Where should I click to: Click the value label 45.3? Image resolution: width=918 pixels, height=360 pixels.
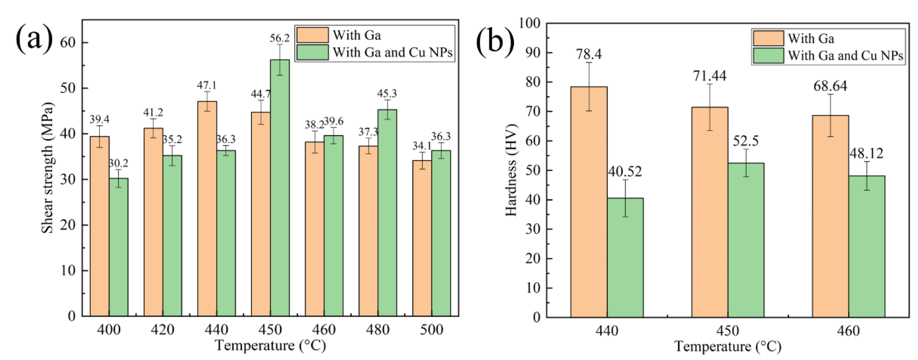coord(387,93)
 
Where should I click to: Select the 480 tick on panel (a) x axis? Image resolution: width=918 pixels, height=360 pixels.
coord(378,330)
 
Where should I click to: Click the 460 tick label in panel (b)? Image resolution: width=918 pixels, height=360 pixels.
coord(849,331)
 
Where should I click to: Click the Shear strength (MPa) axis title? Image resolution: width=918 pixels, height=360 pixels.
coord(47,168)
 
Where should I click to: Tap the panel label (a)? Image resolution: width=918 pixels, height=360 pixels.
coord(34,40)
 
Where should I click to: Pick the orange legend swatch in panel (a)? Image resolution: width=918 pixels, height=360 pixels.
coord(312,35)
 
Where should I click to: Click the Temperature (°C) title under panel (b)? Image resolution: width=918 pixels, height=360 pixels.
coord(727,346)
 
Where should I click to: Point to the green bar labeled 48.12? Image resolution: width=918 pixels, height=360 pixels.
coord(867,246)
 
